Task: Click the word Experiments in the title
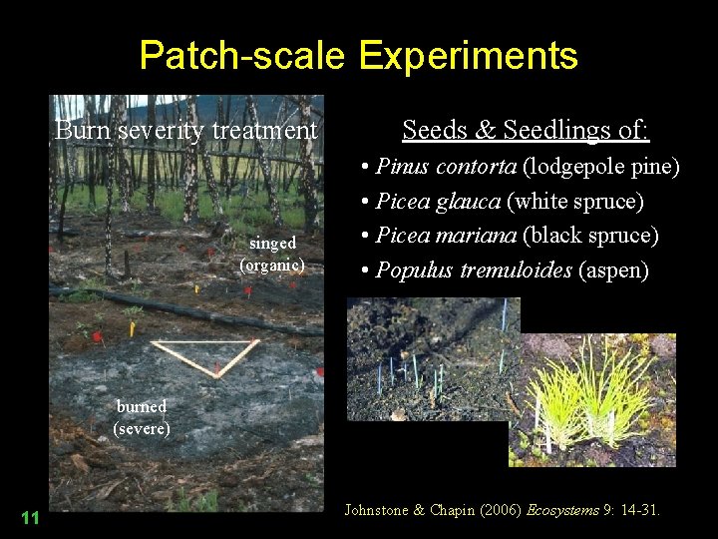tap(468, 55)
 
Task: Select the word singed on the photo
tap(272, 244)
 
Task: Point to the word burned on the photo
tap(142, 406)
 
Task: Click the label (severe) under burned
tap(142, 429)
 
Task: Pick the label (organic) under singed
tap(272, 266)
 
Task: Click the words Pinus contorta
tap(447, 167)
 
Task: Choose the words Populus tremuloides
tap(474, 270)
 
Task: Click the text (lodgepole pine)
tap(601, 167)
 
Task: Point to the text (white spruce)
tap(575, 202)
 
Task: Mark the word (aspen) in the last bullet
tap(613, 270)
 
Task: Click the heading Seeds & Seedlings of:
tap(526, 130)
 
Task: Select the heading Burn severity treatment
tap(186, 131)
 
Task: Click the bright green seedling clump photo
tap(592, 399)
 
